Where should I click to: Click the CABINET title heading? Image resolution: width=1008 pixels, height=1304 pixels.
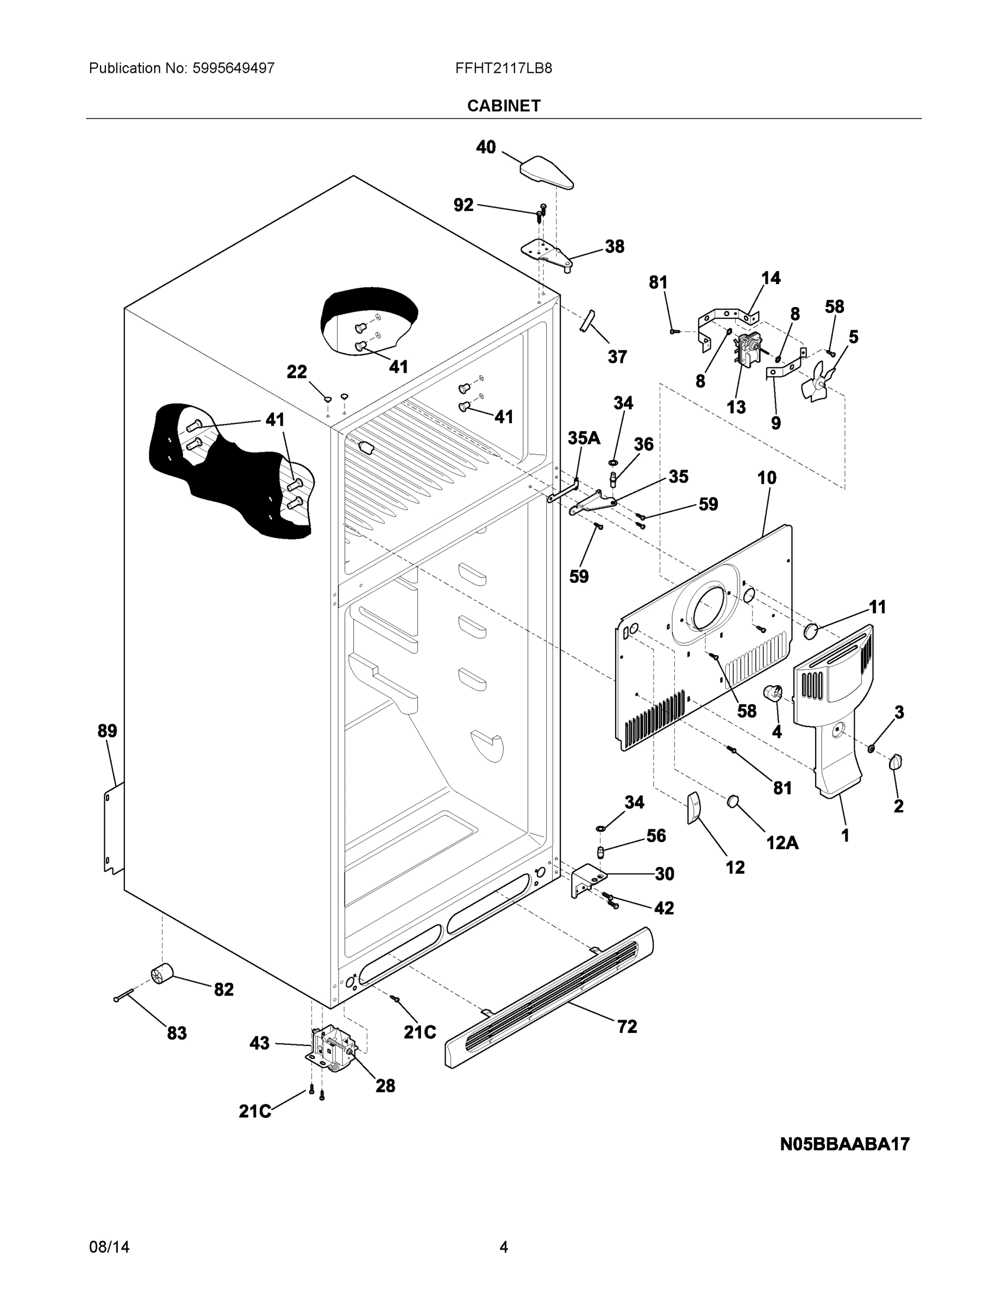tap(503, 106)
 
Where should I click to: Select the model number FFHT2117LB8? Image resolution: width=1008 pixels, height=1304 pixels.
tap(503, 68)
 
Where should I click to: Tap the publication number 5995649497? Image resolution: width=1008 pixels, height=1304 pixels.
tap(233, 68)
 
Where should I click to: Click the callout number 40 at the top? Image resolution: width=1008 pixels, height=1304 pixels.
tap(485, 147)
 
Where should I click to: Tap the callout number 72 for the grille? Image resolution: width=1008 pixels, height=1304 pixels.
tap(627, 1026)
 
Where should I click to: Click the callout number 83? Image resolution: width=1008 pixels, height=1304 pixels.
tap(176, 1033)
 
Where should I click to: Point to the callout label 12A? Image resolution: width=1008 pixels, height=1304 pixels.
tap(782, 843)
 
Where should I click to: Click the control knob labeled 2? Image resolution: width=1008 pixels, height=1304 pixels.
tap(895, 762)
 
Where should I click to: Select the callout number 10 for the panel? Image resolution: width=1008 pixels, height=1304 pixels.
tap(767, 478)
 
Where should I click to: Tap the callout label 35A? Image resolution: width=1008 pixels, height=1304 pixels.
tap(584, 438)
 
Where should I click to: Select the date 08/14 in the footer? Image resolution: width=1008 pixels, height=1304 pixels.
tap(109, 1247)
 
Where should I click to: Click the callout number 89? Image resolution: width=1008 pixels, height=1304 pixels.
tap(108, 730)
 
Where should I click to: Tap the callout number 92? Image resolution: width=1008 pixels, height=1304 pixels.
tap(464, 205)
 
